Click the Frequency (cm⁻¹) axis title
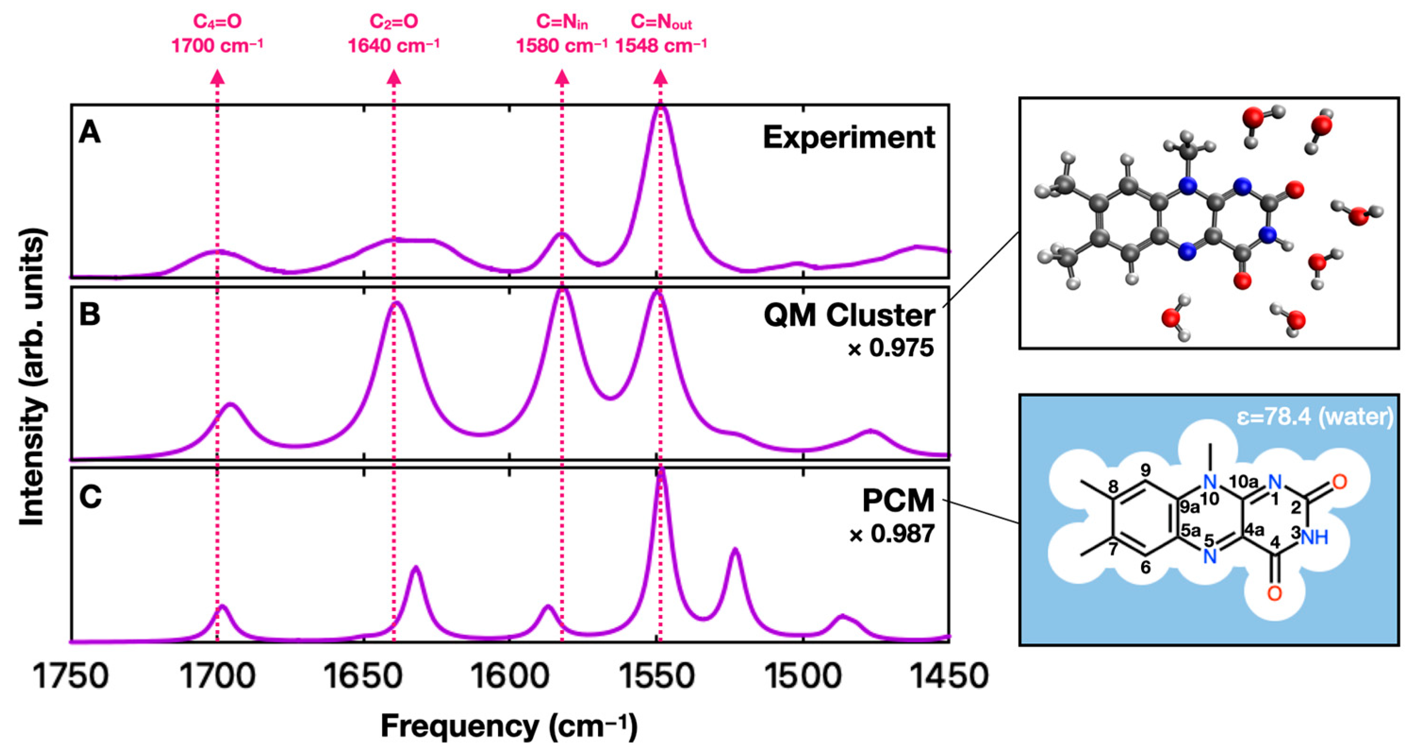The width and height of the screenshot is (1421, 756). click(x=509, y=726)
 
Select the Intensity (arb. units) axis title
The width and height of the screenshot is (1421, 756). click(x=32, y=380)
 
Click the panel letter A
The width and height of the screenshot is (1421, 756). click(x=90, y=133)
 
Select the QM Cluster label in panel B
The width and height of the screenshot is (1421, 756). click(x=848, y=316)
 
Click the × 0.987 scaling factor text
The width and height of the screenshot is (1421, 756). click(x=891, y=533)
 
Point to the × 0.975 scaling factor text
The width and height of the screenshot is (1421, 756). click(x=890, y=348)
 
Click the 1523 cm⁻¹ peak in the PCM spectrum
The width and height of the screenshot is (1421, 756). click(x=735, y=550)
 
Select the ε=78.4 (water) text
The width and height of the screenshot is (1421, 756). click(x=1314, y=416)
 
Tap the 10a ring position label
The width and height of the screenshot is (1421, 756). click(x=1244, y=482)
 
